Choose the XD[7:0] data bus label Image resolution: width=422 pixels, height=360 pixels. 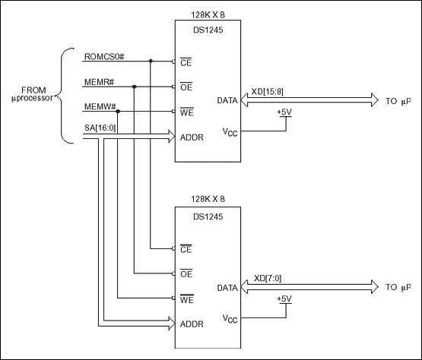pyautogui.click(x=262, y=279)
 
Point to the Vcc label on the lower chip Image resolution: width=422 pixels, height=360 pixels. pyautogui.click(x=230, y=317)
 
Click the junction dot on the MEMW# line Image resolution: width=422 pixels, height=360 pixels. pyautogui.click(x=118, y=111)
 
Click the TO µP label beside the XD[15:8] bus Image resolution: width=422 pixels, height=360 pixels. pyautogui.click(x=398, y=100)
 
